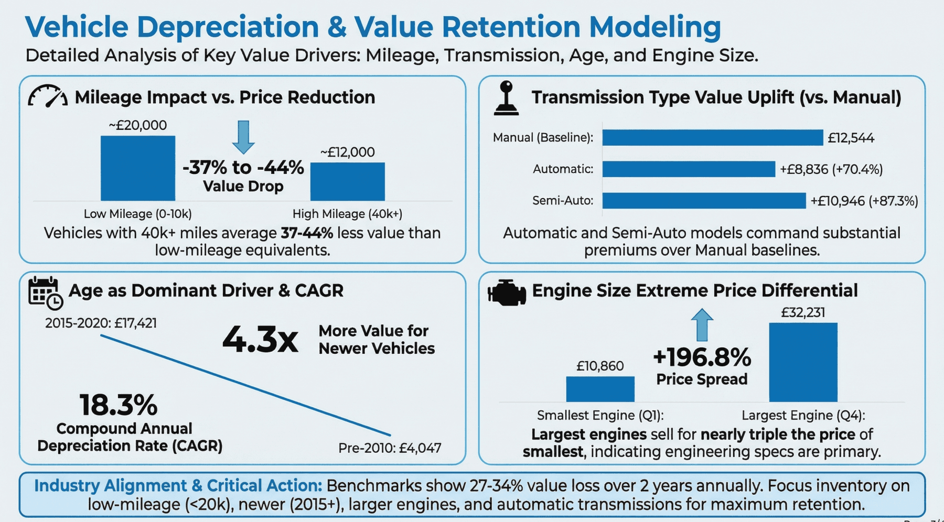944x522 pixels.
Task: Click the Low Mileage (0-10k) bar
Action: point(138,168)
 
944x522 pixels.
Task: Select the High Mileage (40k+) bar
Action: point(347,181)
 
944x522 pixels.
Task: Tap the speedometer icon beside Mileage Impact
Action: point(47,96)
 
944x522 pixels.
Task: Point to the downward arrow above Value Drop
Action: point(243,136)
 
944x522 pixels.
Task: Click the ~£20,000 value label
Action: point(137,125)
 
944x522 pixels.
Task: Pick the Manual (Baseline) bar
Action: point(712,138)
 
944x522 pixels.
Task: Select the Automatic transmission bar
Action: point(688,169)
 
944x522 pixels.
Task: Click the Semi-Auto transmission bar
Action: point(703,201)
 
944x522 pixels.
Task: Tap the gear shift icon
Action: point(506,98)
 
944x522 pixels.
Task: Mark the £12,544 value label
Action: point(851,138)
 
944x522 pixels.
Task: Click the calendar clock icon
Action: point(45,292)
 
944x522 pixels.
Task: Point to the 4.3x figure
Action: point(260,340)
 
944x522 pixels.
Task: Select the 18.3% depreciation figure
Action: point(119,405)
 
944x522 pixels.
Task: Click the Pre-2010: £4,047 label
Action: point(390,448)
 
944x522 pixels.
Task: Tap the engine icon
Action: point(506,292)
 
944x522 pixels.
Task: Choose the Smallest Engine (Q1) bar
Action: point(600,389)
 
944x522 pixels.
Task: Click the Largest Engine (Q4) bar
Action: point(803,362)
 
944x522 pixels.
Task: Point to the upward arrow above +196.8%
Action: point(702,324)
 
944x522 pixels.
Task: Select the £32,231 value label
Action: point(803,313)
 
